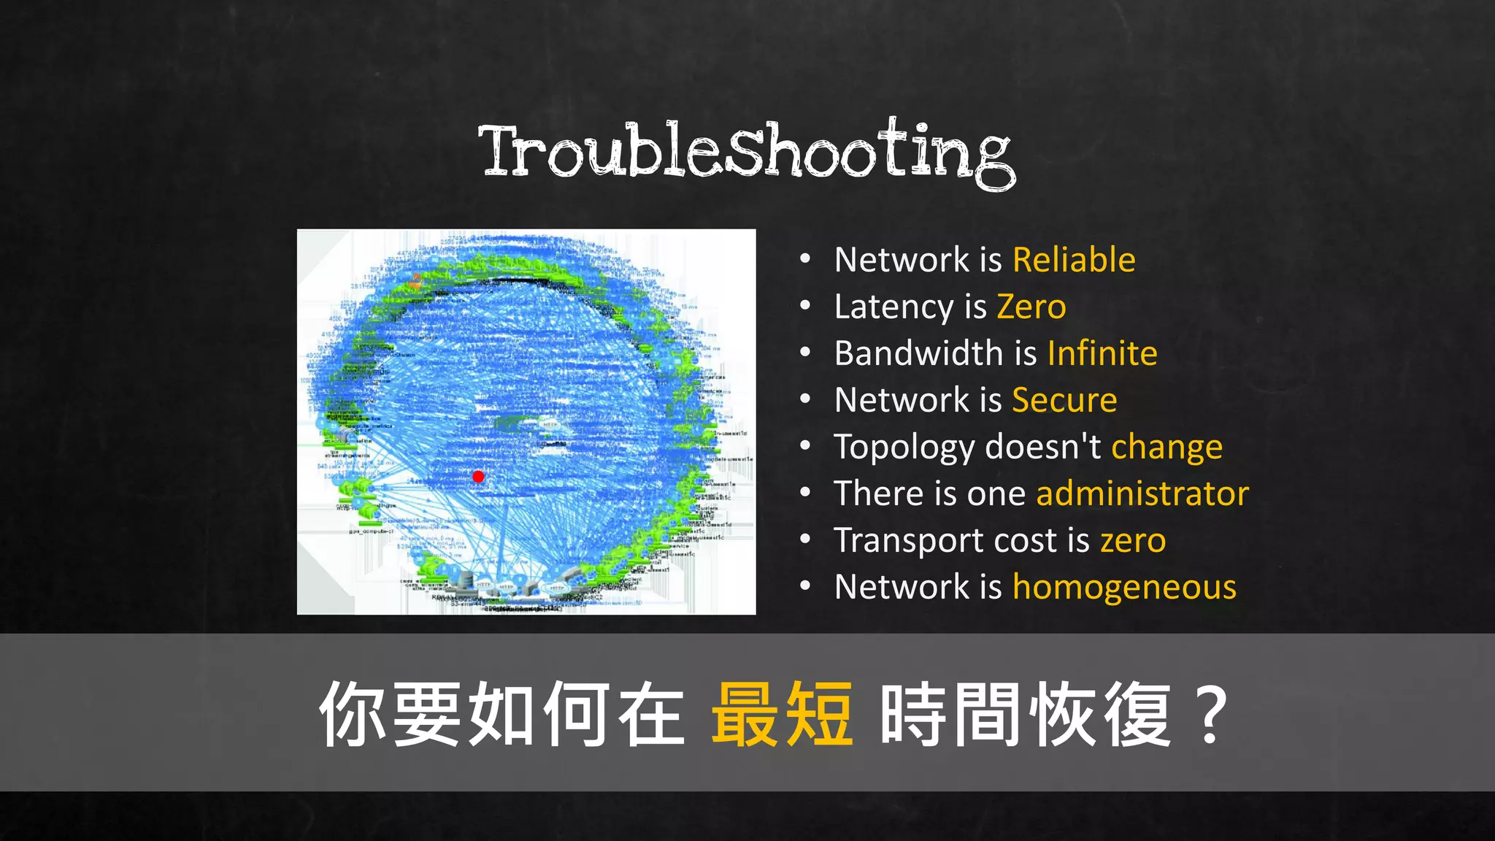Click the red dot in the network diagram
click(478, 477)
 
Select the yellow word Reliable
click(1074, 261)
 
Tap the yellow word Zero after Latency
click(1031, 307)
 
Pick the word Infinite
click(1102, 354)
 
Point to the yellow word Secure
click(1064, 401)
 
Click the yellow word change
click(1167, 448)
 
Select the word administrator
click(1142, 494)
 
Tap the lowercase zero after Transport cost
click(1133, 541)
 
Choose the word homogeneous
click(1124, 588)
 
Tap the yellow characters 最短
click(782, 714)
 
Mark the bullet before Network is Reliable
click(805, 259)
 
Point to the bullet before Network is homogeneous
click(805, 586)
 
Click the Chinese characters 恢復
click(1100, 714)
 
